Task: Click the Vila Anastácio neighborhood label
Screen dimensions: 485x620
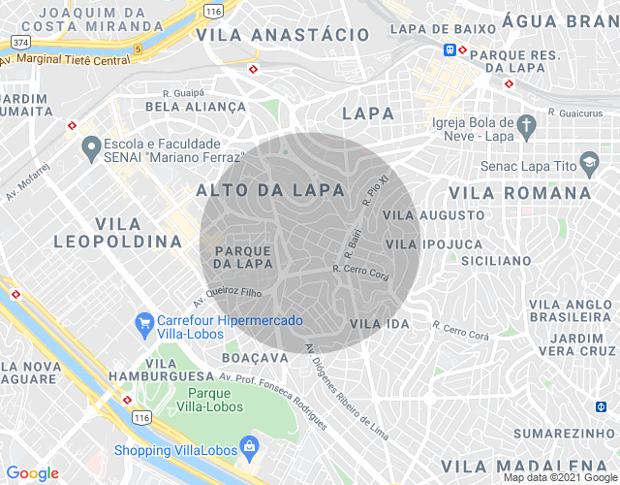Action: click(x=283, y=35)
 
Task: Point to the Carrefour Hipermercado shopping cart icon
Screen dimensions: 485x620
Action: click(x=144, y=321)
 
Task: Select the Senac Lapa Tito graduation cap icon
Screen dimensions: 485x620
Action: click(x=588, y=161)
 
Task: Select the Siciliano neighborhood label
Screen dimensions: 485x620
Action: click(x=495, y=261)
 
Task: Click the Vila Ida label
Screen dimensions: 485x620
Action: click(x=380, y=322)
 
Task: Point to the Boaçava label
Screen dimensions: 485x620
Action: click(x=256, y=357)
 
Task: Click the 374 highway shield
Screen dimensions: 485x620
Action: click(x=19, y=42)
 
